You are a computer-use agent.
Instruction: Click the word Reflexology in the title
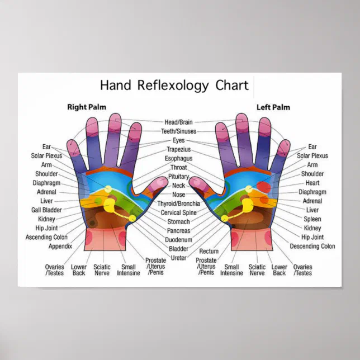[x=173, y=86]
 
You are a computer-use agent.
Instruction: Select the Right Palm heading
[x=87, y=107]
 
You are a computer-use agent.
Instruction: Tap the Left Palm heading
[x=273, y=107]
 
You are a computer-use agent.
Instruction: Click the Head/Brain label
[x=179, y=122]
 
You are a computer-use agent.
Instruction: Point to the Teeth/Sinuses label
[x=179, y=131]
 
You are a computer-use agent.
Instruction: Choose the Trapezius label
[x=179, y=149]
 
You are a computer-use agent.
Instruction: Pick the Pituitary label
[x=179, y=177]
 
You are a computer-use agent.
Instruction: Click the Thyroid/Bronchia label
[x=179, y=203]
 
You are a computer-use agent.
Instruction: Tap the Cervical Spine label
[x=179, y=212]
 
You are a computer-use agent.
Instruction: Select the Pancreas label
[x=179, y=231]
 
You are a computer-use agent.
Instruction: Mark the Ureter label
[x=179, y=258]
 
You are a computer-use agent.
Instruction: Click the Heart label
[x=312, y=183]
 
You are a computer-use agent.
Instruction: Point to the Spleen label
[x=312, y=219]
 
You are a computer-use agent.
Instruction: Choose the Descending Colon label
[x=312, y=246]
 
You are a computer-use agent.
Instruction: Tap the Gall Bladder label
[x=46, y=210]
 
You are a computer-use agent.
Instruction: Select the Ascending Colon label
[x=46, y=237]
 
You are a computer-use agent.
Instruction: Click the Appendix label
[x=60, y=246]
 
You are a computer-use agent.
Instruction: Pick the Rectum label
[x=209, y=251]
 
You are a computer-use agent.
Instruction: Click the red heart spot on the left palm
[x=264, y=187]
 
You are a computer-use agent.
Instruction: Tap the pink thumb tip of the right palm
[x=159, y=183]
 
